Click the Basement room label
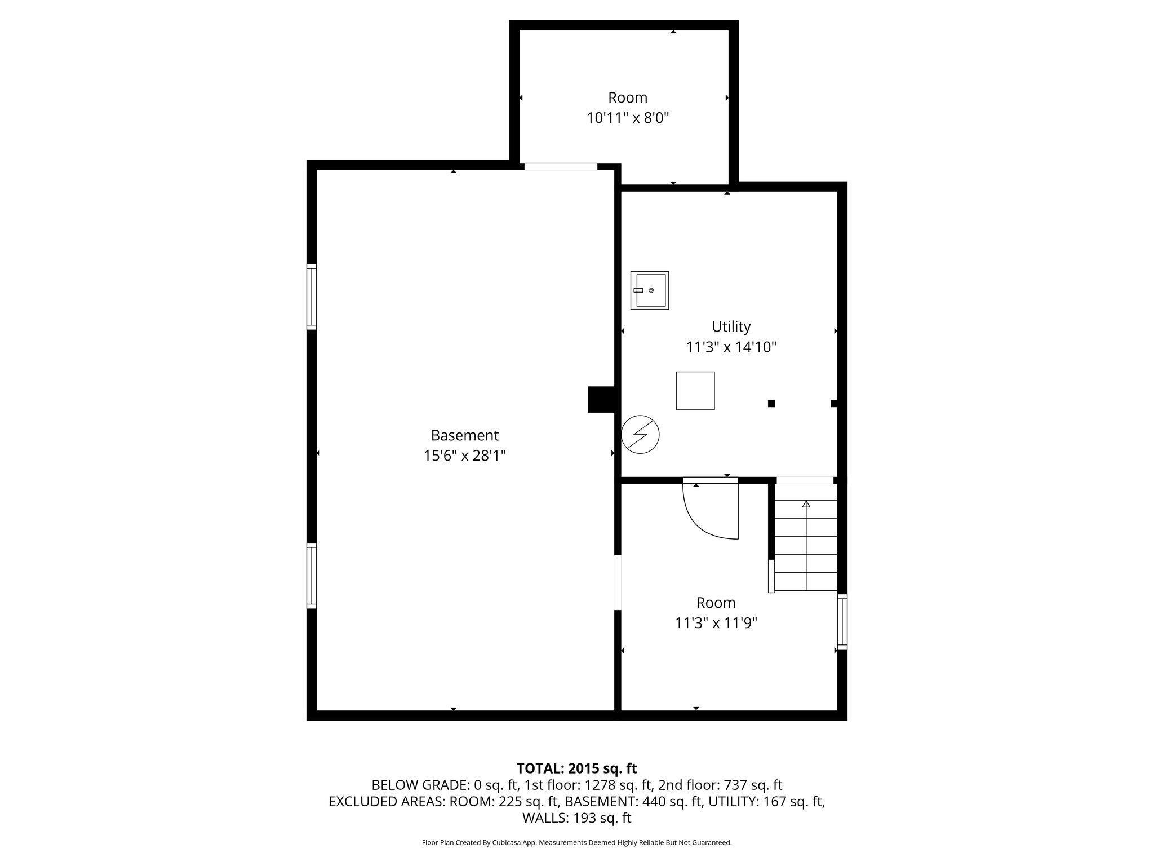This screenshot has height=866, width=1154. click(464, 435)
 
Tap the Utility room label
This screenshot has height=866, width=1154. click(731, 326)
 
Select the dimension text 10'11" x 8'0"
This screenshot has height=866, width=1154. click(628, 118)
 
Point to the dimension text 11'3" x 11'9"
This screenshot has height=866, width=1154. click(716, 623)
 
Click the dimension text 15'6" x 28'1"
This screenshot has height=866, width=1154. click(464, 456)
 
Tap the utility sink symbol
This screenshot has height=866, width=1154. click(649, 290)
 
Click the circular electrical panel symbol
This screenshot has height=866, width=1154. click(640, 435)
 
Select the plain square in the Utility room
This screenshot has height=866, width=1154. click(695, 391)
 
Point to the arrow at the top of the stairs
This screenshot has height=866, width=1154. click(806, 504)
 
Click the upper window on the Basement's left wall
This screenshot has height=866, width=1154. click(311, 297)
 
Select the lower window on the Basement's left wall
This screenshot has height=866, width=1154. click(311, 576)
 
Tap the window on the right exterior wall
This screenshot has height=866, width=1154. click(842, 621)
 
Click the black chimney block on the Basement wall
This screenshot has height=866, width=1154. click(601, 399)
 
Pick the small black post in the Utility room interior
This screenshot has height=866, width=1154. click(771, 403)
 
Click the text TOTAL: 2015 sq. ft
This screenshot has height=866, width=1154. click(576, 768)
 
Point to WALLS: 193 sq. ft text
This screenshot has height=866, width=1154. click(576, 818)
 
